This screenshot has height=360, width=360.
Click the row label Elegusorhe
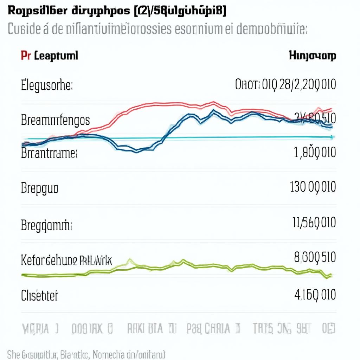pos(46,85)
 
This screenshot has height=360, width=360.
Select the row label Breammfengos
pos(55,121)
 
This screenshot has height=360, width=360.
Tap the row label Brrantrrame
pos(49,153)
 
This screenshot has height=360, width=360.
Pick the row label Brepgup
pos(39,188)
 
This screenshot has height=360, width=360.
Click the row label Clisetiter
pos(39,295)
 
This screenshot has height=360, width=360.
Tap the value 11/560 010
pos(314,223)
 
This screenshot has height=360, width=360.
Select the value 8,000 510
pos(315,258)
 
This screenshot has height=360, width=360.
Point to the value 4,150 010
pos(314,294)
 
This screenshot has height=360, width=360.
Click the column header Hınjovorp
pos(312,56)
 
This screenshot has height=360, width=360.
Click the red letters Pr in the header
pos(25,56)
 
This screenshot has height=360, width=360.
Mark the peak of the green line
pos(183,261)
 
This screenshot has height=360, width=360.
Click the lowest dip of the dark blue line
pos(136,151)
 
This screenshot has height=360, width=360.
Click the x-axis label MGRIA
pos(39,329)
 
